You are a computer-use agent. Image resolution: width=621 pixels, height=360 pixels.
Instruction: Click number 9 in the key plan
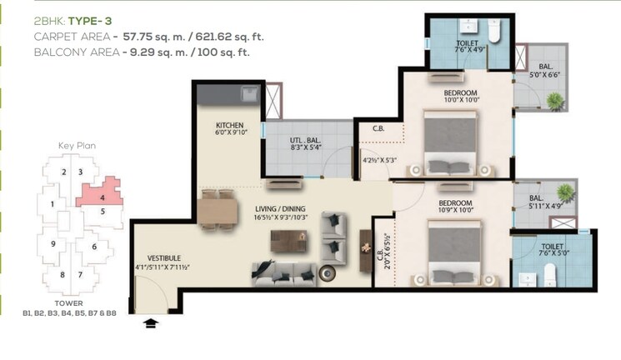[x=53, y=244]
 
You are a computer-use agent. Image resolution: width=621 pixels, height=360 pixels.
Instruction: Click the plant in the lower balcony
[x=565, y=193]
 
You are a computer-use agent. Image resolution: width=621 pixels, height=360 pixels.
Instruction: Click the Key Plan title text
[x=77, y=145]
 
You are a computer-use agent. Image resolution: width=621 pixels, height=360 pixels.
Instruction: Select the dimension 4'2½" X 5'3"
[x=378, y=161]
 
